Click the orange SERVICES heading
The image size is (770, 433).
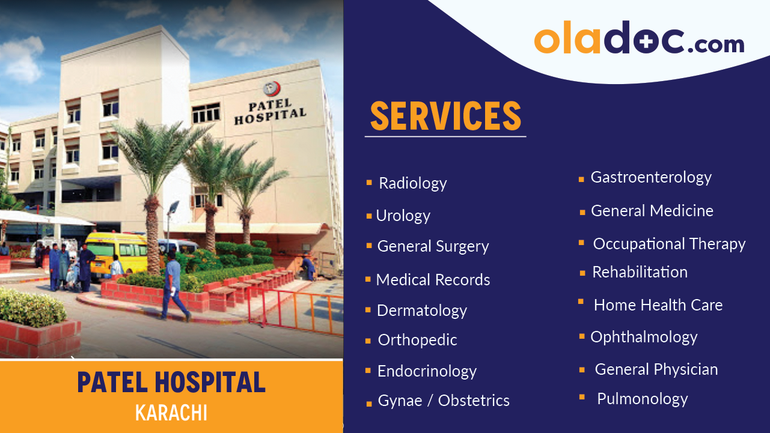tap(445, 116)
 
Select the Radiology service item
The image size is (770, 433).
tap(412, 183)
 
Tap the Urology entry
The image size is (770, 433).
tap(403, 216)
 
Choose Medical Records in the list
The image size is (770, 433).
tap(433, 280)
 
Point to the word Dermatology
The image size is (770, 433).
tap(421, 310)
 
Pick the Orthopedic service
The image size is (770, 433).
tap(417, 340)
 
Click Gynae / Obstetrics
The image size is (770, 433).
tap(443, 401)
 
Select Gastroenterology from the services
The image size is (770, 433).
tap(650, 177)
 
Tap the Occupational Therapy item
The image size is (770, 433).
tap(668, 244)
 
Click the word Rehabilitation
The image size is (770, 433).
tap(640, 272)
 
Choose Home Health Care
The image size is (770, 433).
tap(658, 305)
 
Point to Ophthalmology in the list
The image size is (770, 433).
tap(644, 337)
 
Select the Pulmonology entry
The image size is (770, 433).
tap(642, 399)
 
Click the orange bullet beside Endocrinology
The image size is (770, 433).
tap(368, 371)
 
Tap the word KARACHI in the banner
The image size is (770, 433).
tap(171, 413)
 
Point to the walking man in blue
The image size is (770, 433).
tap(174, 285)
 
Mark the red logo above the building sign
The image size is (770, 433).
tap(272, 89)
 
